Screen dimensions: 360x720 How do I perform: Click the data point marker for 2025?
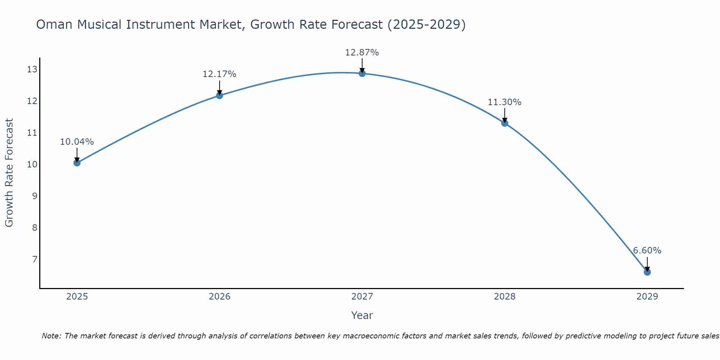point(77,163)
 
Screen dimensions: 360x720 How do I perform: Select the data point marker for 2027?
point(362,73)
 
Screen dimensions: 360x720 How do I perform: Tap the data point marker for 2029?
point(647,272)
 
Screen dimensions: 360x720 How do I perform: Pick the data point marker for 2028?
point(505,123)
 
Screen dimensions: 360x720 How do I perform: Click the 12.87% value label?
point(362,53)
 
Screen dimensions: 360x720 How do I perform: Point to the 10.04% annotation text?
point(77,142)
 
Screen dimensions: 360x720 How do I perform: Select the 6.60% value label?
point(647,251)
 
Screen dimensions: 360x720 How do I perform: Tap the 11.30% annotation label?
point(504,102)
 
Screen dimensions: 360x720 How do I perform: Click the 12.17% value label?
point(219,74)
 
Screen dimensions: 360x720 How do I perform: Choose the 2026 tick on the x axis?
point(220,297)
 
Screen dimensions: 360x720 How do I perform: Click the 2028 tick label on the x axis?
point(505,297)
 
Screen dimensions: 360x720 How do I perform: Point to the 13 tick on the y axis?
point(32,69)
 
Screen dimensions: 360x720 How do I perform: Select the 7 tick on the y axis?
point(35,259)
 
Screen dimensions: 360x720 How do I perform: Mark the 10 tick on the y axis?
point(32,165)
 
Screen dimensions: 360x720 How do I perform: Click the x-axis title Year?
point(362,315)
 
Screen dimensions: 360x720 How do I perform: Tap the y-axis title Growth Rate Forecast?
point(9,173)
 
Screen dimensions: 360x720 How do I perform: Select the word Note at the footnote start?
point(51,336)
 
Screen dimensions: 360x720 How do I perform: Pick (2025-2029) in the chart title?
point(426,24)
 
